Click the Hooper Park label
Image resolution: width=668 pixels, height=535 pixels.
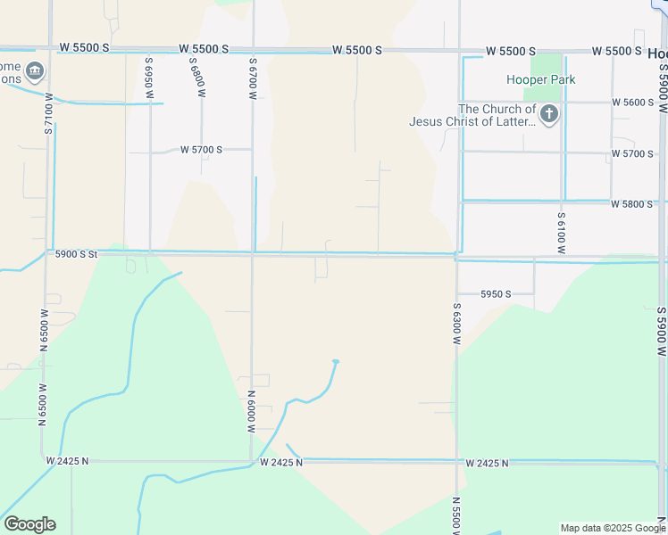click(541, 79)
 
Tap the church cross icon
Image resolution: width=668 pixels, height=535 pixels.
click(549, 113)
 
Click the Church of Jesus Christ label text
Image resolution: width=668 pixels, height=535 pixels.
click(472, 116)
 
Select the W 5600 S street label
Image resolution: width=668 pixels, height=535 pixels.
click(633, 103)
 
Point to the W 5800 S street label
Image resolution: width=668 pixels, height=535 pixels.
click(632, 204)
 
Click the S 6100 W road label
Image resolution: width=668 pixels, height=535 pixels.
click(562, 232)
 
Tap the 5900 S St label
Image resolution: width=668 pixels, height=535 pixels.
click(75, 254)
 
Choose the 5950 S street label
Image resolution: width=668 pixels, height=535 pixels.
click(496, 293)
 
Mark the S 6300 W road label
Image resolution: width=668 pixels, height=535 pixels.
click(455, 317)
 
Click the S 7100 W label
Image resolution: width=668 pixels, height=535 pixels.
click(48, 113)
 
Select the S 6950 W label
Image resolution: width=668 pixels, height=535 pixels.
click(148, 78)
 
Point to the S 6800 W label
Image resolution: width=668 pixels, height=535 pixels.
click(194, 78)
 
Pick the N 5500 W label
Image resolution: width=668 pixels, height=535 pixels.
click(455, 515)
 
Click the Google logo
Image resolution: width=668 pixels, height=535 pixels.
click(29, 524)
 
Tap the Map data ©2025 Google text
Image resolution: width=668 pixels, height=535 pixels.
click(613, 528)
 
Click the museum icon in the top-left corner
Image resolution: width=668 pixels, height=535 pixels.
click(34, 70)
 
